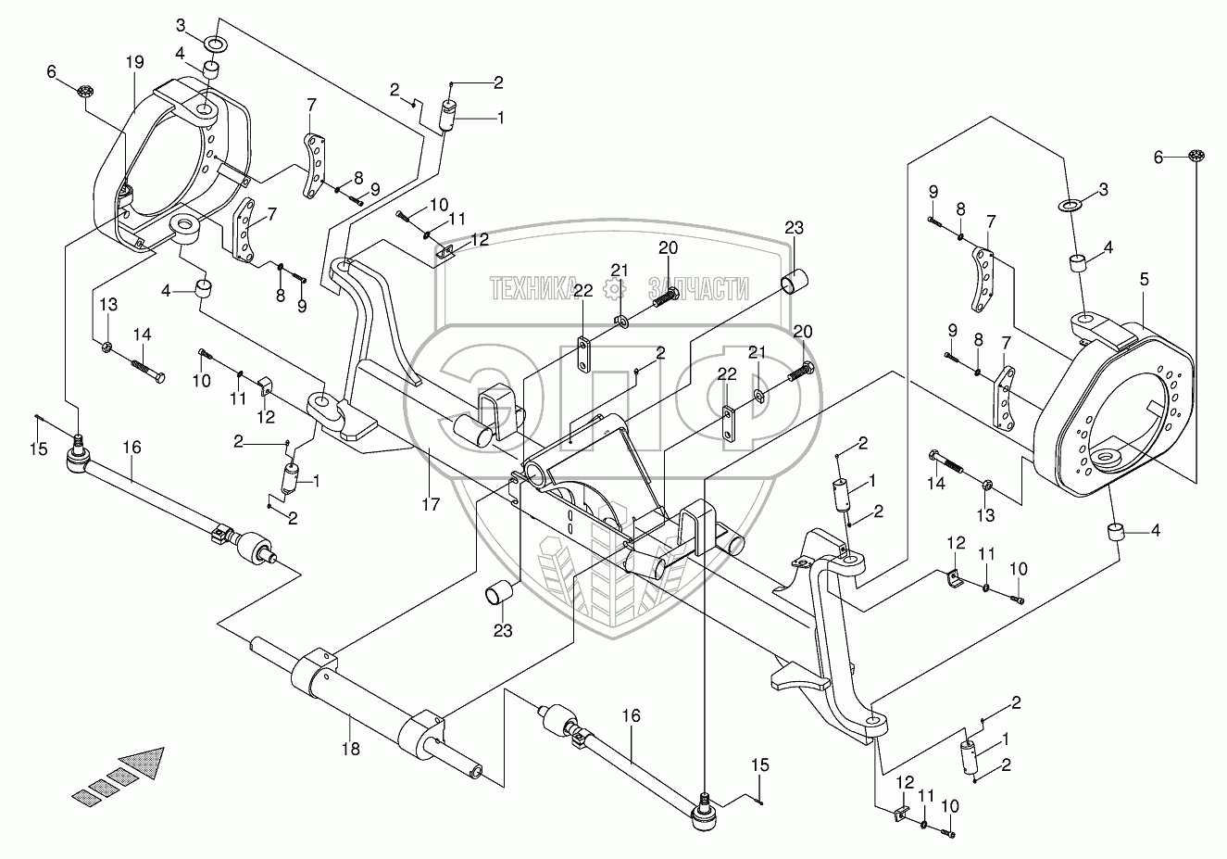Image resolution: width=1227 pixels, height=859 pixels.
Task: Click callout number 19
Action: [x=135, y=62]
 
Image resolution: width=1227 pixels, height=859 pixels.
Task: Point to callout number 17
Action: [x=431, y=504]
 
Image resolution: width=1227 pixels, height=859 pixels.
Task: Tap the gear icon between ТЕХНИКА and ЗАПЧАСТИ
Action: [x=613, y=289]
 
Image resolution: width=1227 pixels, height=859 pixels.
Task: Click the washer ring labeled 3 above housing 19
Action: [x=214, y=44]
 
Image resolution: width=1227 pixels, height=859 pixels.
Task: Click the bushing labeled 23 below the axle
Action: [x=501, y=591]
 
